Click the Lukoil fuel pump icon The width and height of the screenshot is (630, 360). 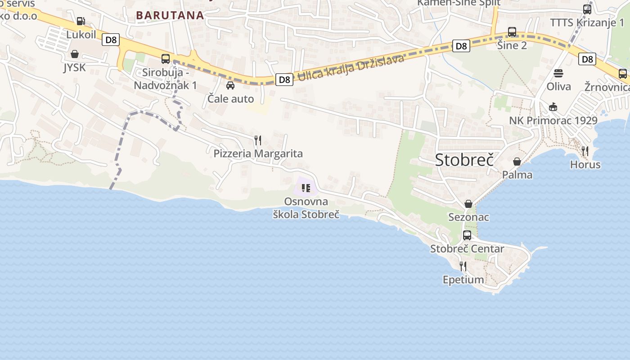(x=81, y=21)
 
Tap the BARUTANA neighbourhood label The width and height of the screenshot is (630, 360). (x=170, y=15)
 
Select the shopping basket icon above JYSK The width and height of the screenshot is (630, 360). (x=74, y=54)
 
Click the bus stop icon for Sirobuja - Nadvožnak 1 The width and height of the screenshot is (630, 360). (x=165, y=58)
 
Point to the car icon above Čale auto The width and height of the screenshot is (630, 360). (x=230, y=85)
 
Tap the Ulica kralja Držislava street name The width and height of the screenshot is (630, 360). (x=351, y=67)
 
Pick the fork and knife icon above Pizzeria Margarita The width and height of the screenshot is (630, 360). (x=258, y=140)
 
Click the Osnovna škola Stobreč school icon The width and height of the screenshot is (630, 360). (x=306, y=188)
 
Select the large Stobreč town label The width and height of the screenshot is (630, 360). (x=464, y=160)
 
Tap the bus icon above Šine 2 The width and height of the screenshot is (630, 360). (x=512, y=32)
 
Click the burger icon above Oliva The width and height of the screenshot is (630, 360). (x=558, y=73)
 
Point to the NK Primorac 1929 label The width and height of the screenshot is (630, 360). (x=553, y=121)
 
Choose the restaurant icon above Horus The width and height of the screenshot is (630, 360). (x=585, y=151)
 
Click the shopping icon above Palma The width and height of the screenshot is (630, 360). (x=517, y=161)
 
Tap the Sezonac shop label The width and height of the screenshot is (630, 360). (x=468, y=217)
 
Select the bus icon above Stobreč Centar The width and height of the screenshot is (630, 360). (x=467, y=235)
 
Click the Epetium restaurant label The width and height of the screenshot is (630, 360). (x=463, y=280)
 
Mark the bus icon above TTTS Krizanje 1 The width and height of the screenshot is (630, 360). (x=587, y=9)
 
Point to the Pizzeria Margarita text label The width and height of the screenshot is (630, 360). (x=258, y=154)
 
